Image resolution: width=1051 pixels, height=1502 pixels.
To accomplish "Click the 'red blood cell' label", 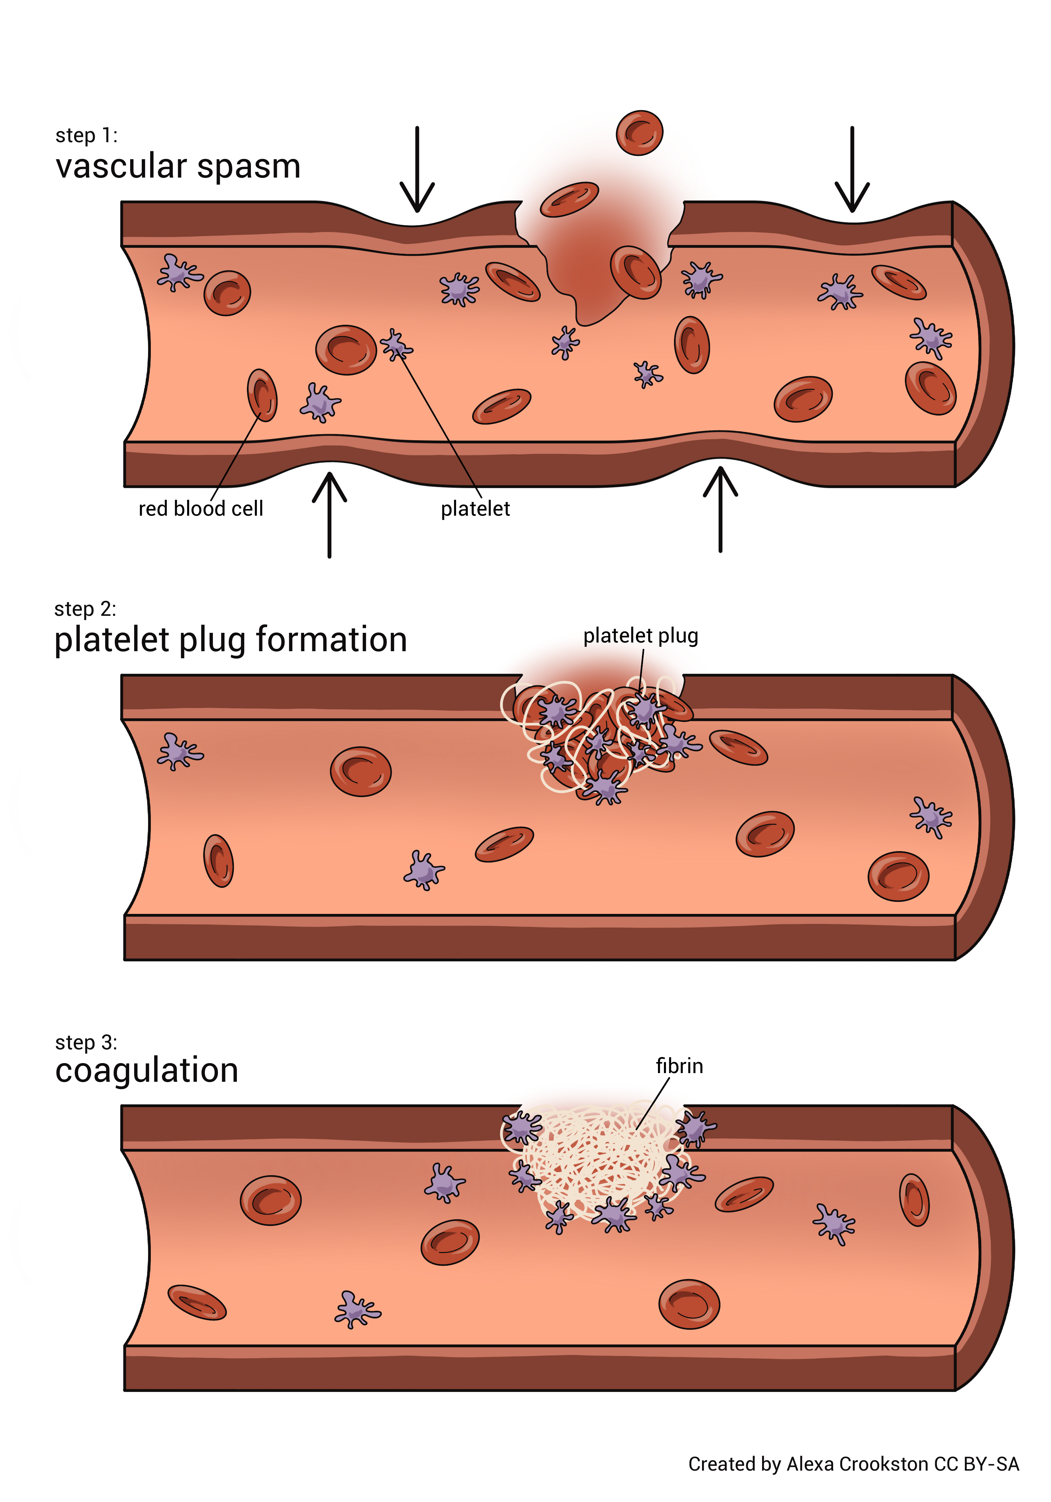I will pos(201,508).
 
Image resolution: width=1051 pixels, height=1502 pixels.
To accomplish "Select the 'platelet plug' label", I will pos(640,635).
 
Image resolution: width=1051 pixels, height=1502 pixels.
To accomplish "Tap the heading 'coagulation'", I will pos(146,1070).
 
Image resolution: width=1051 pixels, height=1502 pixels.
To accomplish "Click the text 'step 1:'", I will pos(86,136).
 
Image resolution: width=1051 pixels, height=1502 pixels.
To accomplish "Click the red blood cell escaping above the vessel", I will pos(639,133).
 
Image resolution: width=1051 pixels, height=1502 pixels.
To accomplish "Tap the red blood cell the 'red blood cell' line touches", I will pos(262,395).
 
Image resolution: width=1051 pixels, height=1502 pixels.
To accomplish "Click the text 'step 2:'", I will pos(85,609).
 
